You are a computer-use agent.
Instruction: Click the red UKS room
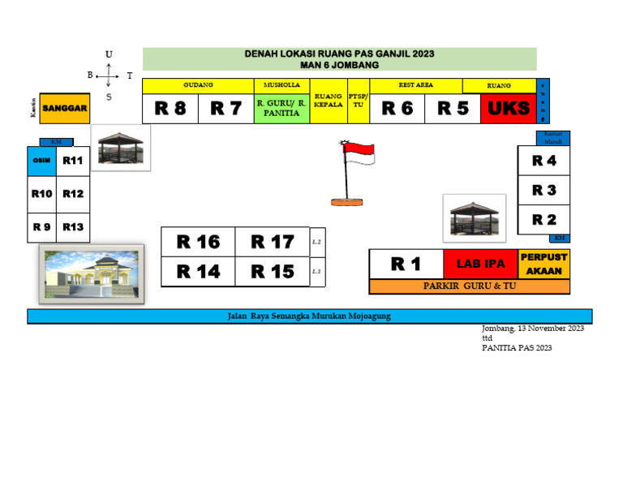(x=509, y=109)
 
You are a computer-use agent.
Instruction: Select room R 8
(x=170, y=109)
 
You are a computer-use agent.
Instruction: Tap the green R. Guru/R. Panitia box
(x=281, y=109)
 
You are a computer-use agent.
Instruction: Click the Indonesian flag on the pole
(x=358, y=153)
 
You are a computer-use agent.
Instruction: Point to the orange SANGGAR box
(x=65, y=108)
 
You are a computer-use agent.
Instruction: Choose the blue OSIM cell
(x=41, y=161)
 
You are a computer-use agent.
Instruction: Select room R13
(x=73, y=226)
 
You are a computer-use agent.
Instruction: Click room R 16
(x=198, y=242)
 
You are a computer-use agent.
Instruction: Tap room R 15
(x=272, y=272)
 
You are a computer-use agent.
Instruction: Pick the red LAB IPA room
(x=480, y=264)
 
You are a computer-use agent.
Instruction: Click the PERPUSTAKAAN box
(x=544, y=264)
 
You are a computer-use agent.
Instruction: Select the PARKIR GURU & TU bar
(x=469, y=286)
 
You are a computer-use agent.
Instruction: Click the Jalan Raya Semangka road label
(x=310, y=316)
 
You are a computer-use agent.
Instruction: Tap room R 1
(x=406, y=264)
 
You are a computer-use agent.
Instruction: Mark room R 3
(x=544, y=190)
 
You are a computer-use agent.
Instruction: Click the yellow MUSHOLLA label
(x=281, y=85)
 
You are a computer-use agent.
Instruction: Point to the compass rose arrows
(x=108, y=77)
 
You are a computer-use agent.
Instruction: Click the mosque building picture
(x=92, y=274)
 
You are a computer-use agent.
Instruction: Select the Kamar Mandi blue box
(x=553, y=138)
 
